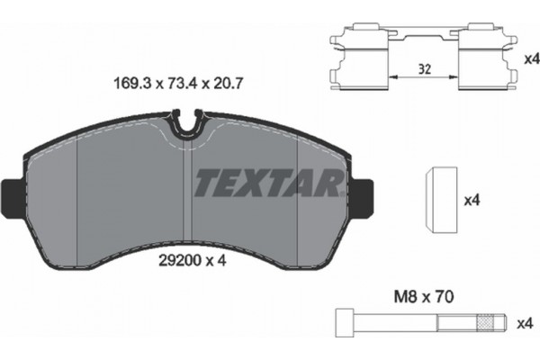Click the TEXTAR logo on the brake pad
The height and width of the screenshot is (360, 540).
tap(267, 184)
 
